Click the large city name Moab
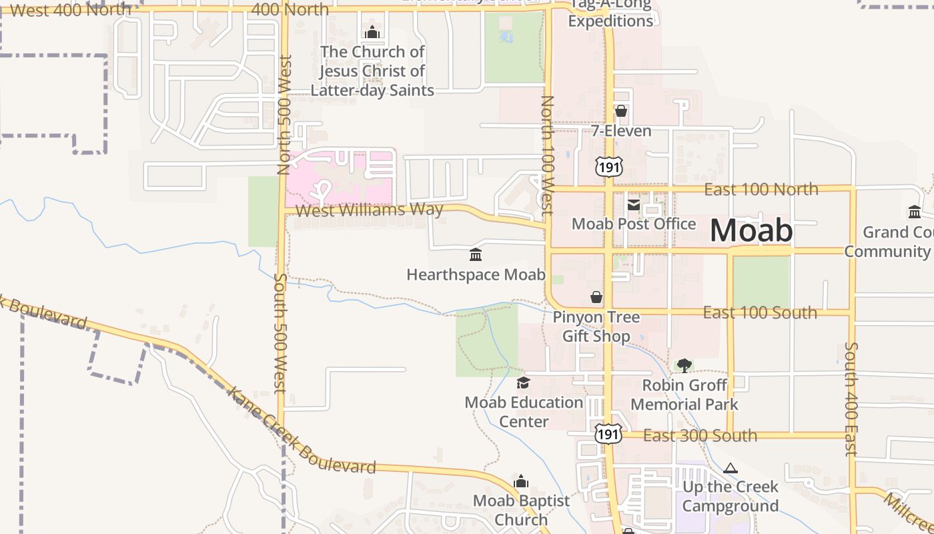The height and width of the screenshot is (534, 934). click(751, 231)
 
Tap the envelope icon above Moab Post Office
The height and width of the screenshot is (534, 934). click(633, 204)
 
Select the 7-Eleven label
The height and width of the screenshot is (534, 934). click(621, 131)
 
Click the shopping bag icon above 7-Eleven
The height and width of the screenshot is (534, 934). click(621, 111)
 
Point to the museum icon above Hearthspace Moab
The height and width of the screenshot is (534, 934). click(476, 254)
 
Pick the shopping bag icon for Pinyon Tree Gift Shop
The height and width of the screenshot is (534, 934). click(596, 297)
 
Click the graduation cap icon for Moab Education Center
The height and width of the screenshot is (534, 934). click(524, 382)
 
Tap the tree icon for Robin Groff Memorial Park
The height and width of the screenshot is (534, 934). click(684, 365)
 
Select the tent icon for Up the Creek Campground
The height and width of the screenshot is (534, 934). click(731, 468)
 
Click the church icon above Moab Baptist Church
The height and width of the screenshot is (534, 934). click(522, 481)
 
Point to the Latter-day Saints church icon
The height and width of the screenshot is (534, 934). click(372, 32)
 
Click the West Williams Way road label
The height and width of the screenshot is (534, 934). click(369, 210)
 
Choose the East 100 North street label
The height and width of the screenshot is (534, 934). click(761, 189)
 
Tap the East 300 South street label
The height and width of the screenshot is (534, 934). click(700, 436)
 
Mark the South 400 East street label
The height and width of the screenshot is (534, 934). click(851, 399)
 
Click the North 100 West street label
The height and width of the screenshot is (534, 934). click(548, 155)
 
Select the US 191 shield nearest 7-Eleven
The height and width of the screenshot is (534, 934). click(608, 166)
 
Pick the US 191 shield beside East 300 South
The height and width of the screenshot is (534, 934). click(608, 434)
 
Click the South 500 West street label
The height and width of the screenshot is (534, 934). click(280, 333)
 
